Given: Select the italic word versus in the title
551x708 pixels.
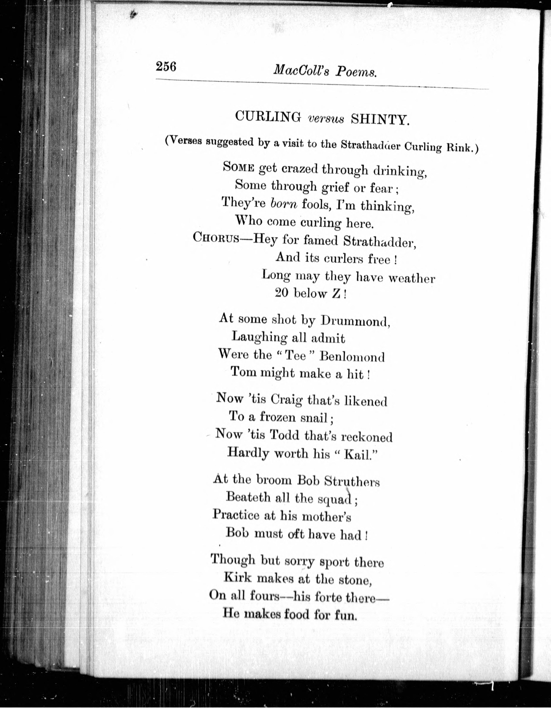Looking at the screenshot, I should pyautogui.click(x=326, y=119).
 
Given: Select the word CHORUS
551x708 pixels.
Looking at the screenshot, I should pyautogui.click(x=216, y=238).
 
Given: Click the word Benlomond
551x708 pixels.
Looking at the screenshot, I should pyautogui.click(x=352, y=357).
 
